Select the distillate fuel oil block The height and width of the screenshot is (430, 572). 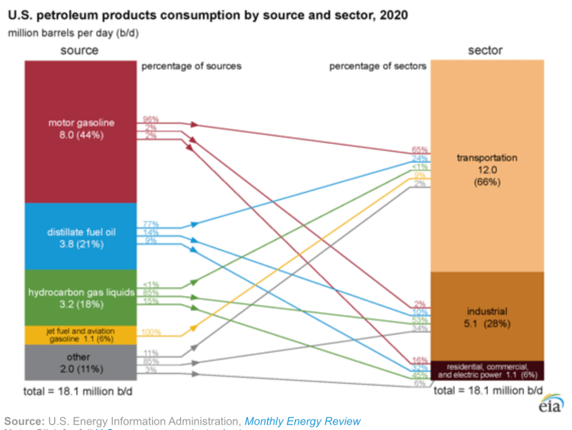coord(81,238)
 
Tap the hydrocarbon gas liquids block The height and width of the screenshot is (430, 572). coord(81,299)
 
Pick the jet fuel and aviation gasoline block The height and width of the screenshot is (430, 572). coord(81,335)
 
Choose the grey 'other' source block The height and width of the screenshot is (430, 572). coord(81,362)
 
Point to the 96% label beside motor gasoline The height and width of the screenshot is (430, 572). coord(150,119)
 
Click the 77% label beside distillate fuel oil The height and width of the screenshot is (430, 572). coord(150,224)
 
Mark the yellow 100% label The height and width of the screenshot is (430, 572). coord(150,332)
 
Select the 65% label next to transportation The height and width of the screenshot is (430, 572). coord(420,150)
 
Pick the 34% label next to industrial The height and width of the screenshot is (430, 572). coord(420,329)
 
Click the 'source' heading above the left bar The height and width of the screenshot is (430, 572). coord(79,50)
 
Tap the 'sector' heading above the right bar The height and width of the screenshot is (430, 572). coord(485,50)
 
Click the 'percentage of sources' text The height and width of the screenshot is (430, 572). coord(191,66)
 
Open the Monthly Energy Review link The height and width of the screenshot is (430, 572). coord(302,422)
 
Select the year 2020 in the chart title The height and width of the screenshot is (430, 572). coord(393,15)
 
